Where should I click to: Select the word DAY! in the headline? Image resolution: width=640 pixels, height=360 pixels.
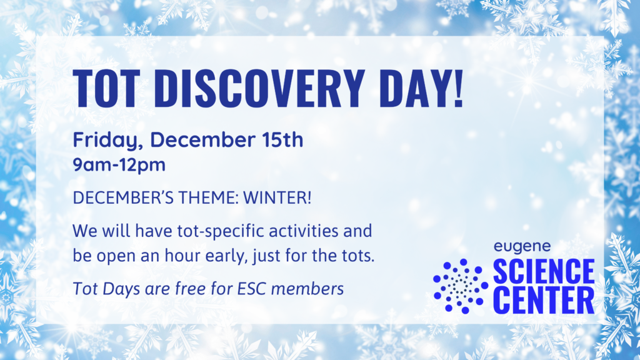pyautogui.click(x=421, y=88)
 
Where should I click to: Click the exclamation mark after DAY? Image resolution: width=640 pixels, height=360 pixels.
pyautogui.click(x=458, y=88)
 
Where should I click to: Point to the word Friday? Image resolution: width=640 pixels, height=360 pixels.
pyautogui.click(x=107, y=140)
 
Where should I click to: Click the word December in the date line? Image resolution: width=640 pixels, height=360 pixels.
pyautogui.click(x=202, y=139)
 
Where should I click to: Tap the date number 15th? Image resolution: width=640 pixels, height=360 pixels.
pyautogui.click(x=282, y=139)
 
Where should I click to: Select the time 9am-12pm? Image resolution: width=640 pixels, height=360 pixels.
pyautogui.click(x=119, y=165)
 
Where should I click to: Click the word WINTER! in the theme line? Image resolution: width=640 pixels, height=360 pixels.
pyautogui.click(x=277, y=197)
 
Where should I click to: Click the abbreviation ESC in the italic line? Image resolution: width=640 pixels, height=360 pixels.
pyautogui.click(x=252, y=289)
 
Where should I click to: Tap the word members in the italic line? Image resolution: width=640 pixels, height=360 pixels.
pyautogui.click(x=307, y=289)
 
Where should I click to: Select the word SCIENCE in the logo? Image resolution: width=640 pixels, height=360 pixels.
pyautogui.click(x=544, y=271)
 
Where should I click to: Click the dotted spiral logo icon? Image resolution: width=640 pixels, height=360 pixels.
pyautogui.click(x=461, y=286)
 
